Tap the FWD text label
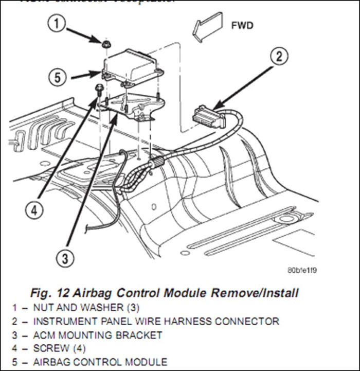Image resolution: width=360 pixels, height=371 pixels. coord(241,25)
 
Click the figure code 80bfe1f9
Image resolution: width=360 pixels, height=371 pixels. coord(303,270)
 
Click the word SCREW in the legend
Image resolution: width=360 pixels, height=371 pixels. coord(51,348)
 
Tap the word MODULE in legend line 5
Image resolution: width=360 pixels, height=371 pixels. coord(148,362)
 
